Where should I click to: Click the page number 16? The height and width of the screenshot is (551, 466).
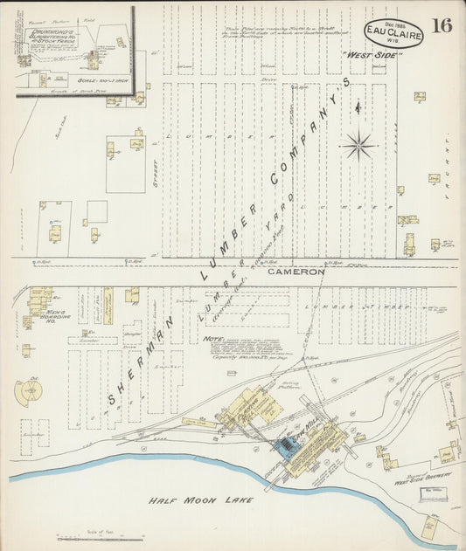[442, 24]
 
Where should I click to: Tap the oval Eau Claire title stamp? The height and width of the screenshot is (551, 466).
[394, 32]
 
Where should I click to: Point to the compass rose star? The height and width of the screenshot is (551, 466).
[358, 145]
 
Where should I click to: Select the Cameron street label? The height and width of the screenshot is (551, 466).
[296, 272]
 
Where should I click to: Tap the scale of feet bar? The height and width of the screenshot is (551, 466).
[87, 539]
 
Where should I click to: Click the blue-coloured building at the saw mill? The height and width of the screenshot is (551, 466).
[285, 446]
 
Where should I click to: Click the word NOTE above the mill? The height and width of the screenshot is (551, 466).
[211, 340]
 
